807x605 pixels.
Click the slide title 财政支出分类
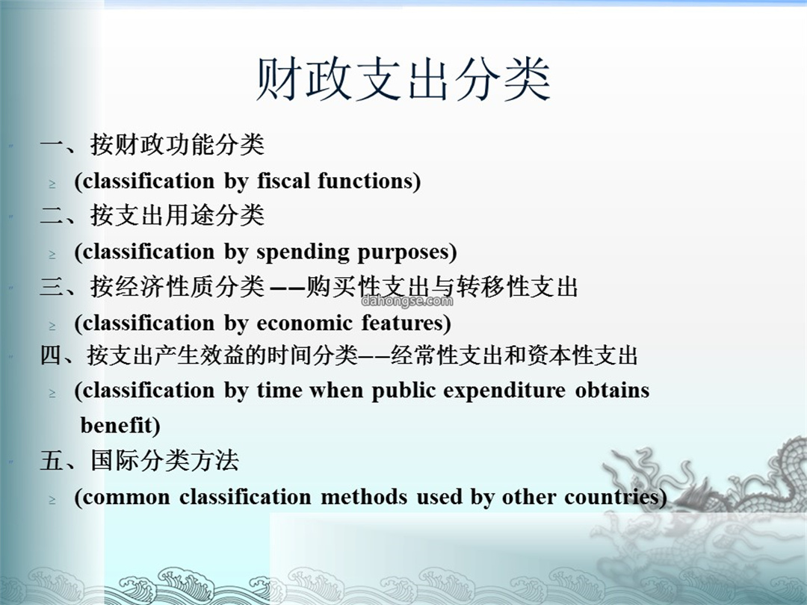coord(403,80)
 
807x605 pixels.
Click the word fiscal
coord(284,181)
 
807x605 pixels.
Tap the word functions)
coord(369,181)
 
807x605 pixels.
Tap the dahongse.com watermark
coord(407,301)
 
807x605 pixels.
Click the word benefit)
coord(120,426)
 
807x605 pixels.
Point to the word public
coord(403,391)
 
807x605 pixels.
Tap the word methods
coord(364,497)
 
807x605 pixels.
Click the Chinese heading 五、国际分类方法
coord(140,460)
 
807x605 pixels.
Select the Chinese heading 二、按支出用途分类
coord(152,215)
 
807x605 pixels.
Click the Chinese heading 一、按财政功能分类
coord(152,144)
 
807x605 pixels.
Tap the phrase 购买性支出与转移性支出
coord(442,287)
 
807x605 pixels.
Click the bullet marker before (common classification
coord(52,500)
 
